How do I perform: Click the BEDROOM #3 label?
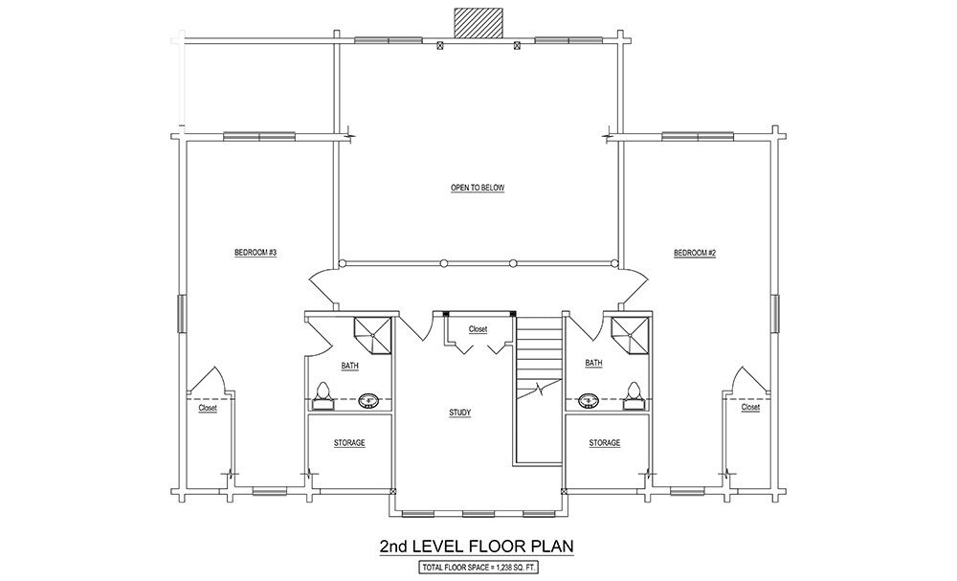pos(256,253)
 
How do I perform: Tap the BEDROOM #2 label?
pos(695,253)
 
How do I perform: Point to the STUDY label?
pos(459,413)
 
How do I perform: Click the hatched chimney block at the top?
pos(478,23)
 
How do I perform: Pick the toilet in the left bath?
pos(323,396)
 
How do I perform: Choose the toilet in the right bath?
pos(634,396)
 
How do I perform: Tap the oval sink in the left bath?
pos(369,401)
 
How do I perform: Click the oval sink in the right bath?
pos(589,401)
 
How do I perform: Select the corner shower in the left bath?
pos(373,334)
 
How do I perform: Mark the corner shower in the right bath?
pos(631,334)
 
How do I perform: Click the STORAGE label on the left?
pos(349,443)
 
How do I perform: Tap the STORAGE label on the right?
pos(605,443)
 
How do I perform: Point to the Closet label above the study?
pos(478,329)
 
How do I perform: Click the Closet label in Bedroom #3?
pos(208,409)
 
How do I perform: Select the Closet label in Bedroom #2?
pos(750,407)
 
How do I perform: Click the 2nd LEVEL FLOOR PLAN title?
pos(477,546)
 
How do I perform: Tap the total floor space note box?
pos(478,568)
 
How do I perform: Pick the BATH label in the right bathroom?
pos(594,363)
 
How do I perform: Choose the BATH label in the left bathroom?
pos(349,367)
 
